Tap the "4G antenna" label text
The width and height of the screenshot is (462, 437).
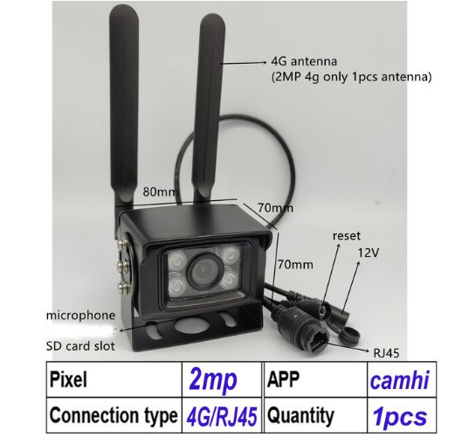coord(304,62)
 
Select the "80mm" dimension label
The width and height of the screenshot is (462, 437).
coord(161,192)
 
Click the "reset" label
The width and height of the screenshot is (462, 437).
coord(347,236)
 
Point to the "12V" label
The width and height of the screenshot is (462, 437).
coord(368,253)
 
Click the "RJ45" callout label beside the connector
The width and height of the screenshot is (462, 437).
coord(386,353)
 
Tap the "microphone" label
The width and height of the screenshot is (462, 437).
coord(80,316)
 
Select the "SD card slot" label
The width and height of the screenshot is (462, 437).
coord(80,346)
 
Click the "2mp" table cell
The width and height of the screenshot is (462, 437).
coord(222,379)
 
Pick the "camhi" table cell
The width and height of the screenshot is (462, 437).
coord(402,379)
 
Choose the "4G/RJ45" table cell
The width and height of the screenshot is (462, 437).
coord(222,415)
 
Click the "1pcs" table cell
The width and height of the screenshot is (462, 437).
coord(402,415)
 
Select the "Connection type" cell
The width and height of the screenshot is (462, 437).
coord(114,415)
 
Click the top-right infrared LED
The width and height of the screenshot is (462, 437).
coord(230,253)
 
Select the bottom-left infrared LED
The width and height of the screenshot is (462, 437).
coord(176,286)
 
